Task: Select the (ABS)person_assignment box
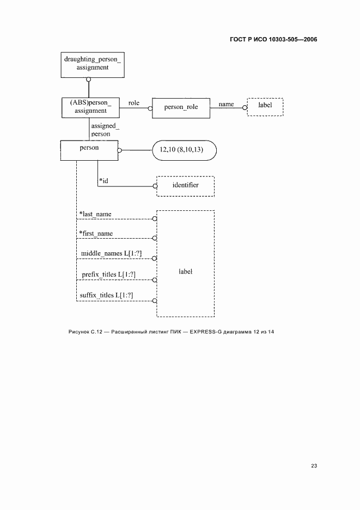(x=90, y=106)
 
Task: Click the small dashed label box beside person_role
(x=265, y=105)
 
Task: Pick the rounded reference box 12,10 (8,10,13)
(x=185, y=150)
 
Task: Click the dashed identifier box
(x=185, y=185)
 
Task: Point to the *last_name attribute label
(x=95, y=214)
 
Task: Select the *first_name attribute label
(x=96, y=234)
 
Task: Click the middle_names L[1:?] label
(x=107, y=254)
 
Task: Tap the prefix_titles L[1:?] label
(x=107, y=274)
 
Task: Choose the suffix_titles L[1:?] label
(x=107, y=295)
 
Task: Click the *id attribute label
(x=103, y=180)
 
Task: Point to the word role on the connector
(x=133, y=102)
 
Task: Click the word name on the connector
(x=226, y=104)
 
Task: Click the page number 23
(x=314, y=465)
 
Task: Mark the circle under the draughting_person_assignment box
(x=88, y=80)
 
